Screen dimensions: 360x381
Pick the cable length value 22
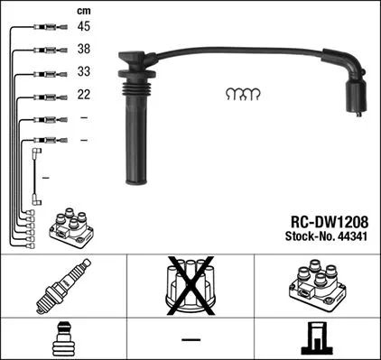(84, 95)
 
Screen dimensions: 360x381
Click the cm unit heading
(84, 10)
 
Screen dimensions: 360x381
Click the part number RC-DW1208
(322, 220)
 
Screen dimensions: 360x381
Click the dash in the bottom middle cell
(190, 339)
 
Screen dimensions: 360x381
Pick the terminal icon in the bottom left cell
(63, 339)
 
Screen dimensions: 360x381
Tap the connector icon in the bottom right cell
(317, 339)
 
